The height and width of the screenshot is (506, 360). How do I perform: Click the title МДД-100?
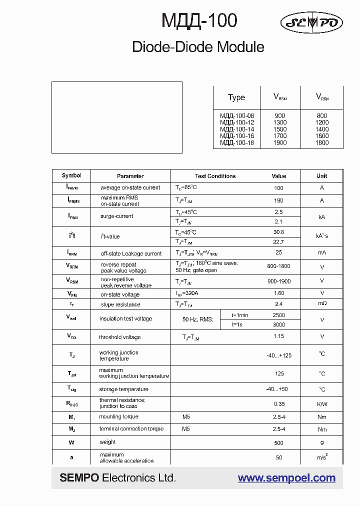tap(199, 21)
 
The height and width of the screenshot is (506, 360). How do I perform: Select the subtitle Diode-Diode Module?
tap(198, 47)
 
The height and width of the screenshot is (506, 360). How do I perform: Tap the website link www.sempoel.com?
tap(286, 478)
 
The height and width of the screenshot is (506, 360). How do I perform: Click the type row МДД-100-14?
tap(237, 129)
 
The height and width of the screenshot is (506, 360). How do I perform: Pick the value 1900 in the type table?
tap(280, 142)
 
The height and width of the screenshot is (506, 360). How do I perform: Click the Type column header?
tap(236, 97)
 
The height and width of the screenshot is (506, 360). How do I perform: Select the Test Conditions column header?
tap(215, 176)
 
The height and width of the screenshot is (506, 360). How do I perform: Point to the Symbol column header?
tap(71, 175)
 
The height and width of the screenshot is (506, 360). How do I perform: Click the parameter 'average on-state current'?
tap(130, 188)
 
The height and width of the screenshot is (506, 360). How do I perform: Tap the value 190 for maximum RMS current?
tap(279, 200)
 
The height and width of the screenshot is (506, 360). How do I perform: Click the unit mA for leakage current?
tap(321, 253)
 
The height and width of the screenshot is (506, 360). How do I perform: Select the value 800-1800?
tap(279, 266)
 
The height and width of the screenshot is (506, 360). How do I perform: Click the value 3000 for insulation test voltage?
tap(279, 324)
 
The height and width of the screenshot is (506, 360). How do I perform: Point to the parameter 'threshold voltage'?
tap(119, 337)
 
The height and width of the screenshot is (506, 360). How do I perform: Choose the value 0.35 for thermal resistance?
tap(279, 403)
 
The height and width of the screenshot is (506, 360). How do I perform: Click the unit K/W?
tap(321, 403)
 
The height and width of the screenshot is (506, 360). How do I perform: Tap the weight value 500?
tap(279, 443)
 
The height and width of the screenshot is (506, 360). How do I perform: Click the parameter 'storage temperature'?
tap(123, 389)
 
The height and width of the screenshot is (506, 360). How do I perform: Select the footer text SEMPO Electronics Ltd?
tap(118, 478)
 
